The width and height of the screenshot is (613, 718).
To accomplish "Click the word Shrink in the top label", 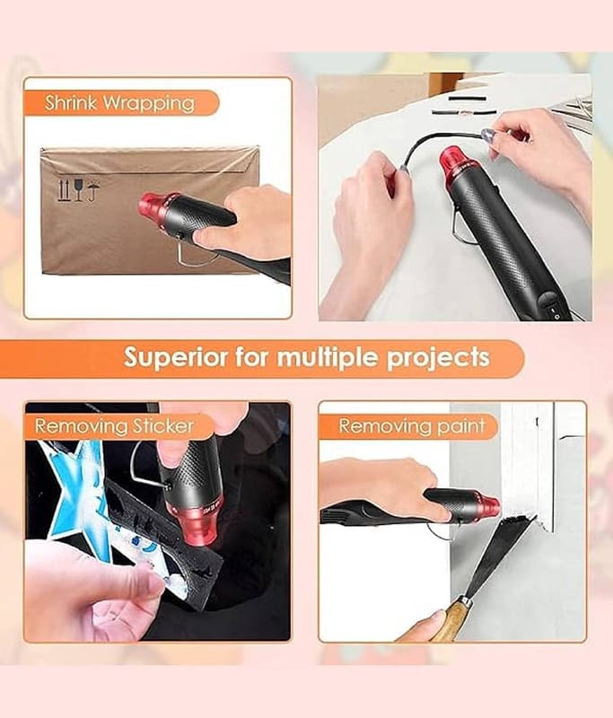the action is click(x=71, y=102).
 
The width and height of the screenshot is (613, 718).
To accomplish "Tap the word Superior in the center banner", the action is click(x=175, y=357).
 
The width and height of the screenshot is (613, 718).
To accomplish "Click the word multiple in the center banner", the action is click(x=328, y=358).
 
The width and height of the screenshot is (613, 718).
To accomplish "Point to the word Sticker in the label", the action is click(x=163, y=426).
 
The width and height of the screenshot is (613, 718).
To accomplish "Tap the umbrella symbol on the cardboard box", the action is click(x=94, y=191).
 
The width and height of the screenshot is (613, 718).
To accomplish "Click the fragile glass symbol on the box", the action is click(x=79, y=190).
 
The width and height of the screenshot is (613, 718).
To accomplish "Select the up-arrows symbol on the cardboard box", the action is click(x=63, y=191).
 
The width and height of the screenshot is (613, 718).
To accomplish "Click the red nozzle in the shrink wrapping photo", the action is click(x=153, y=210).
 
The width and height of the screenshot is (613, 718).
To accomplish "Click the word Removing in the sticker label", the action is click(x=81, y=426).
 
